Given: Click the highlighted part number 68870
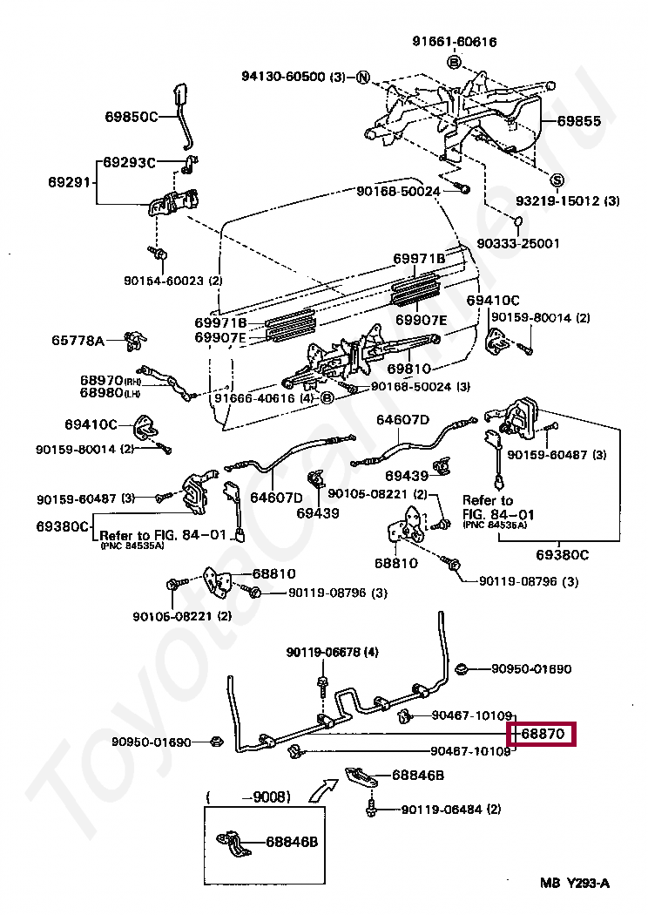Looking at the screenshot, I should pyautogui.click(x=545, y=735).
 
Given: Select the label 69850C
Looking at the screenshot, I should pyautogui.click(x=131, y=116).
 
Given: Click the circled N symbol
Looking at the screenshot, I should pyautogui.click(x=362, y=77).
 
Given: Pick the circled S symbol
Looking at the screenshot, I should pyautogui.click(x=557, y=180).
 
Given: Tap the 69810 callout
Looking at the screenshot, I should pyautogui.click(x=409, y=369).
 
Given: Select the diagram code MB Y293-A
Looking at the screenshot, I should pyautogui.click(x=574, y=884).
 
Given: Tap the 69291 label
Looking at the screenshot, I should pyautogui.click(x=69, y=182).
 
